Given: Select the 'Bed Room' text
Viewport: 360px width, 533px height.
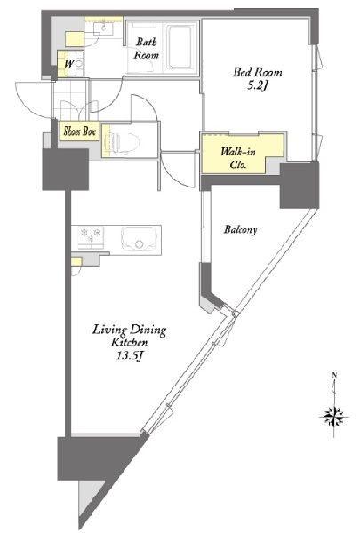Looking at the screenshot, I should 253,72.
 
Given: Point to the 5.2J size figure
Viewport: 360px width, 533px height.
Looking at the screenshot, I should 253,86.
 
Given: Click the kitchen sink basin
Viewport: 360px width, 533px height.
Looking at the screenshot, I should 138,239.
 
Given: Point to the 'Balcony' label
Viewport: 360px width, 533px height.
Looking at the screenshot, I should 239,230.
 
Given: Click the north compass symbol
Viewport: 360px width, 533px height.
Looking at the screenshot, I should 334,413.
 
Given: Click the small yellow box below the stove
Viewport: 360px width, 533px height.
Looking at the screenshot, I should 76,261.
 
